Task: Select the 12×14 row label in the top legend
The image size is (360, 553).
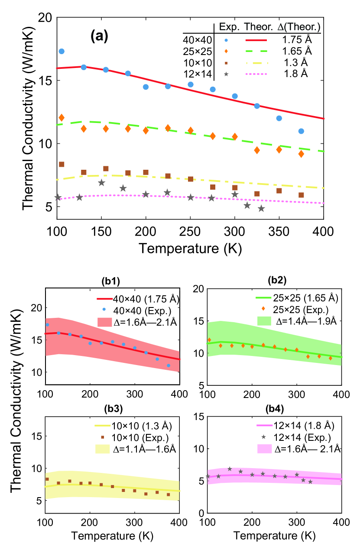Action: (197, 74)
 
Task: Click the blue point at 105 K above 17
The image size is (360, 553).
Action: (62, 51)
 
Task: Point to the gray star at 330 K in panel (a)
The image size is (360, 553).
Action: (261, 208)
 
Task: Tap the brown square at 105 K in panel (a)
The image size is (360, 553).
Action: (62, 164)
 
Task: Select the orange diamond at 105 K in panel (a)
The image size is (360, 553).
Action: (62, 117)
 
